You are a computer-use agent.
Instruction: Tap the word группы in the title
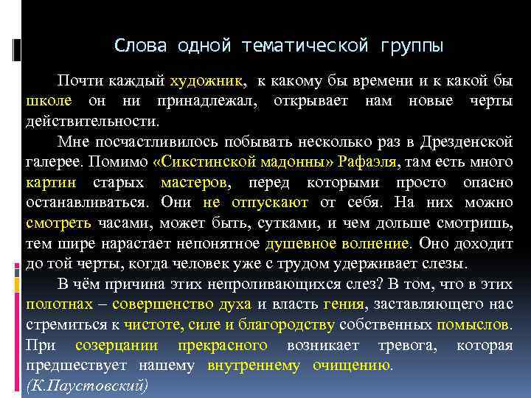click(x=413, y=46)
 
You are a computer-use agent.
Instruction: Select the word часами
click(x=119, y=222)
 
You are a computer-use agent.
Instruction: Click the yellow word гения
click(x=344, y=303)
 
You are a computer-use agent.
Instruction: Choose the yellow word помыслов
click(x=473, y=324)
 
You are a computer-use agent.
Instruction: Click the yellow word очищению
click(x=353, y=364)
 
